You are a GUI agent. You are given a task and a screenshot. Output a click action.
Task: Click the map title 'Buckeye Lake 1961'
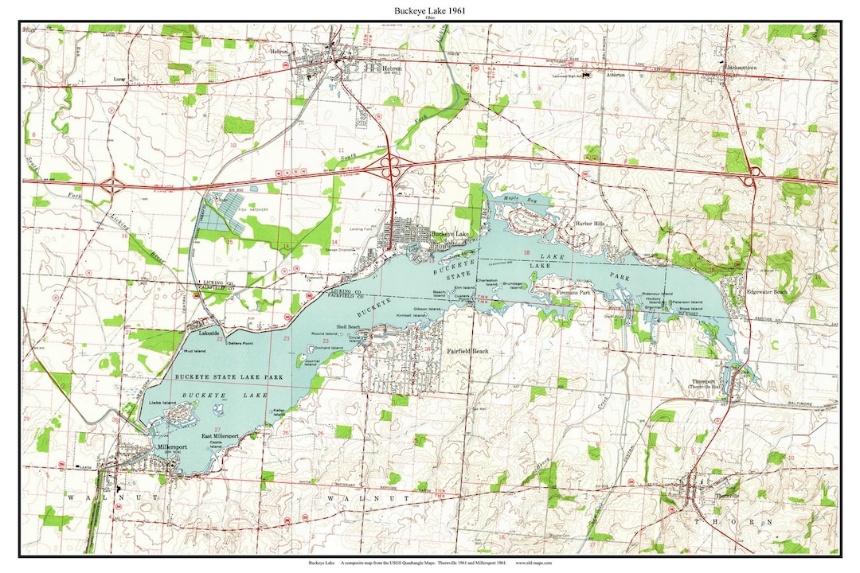pos(430,11)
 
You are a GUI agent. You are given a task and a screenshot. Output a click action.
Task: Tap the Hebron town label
pos(390,68)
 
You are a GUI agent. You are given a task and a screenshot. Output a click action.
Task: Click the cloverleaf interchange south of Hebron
pos(388,166)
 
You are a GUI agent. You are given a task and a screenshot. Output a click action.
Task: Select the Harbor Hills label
pos(590,224)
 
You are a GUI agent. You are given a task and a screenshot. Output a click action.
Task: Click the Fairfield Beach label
pos(467,351)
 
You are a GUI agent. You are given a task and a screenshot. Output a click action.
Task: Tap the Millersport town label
pos(149,449)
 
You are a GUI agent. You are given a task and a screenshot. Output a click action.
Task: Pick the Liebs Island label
pos(162,403)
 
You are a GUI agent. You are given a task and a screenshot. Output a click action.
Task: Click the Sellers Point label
pos(240,342)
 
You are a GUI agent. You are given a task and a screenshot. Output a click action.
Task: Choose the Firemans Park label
pos(573,293)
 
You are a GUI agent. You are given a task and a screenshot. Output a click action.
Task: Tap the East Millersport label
pos(220,437)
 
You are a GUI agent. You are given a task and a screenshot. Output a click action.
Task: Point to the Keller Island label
pos(279,412)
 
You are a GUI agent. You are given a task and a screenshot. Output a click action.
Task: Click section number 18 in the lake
pos(526,252)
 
